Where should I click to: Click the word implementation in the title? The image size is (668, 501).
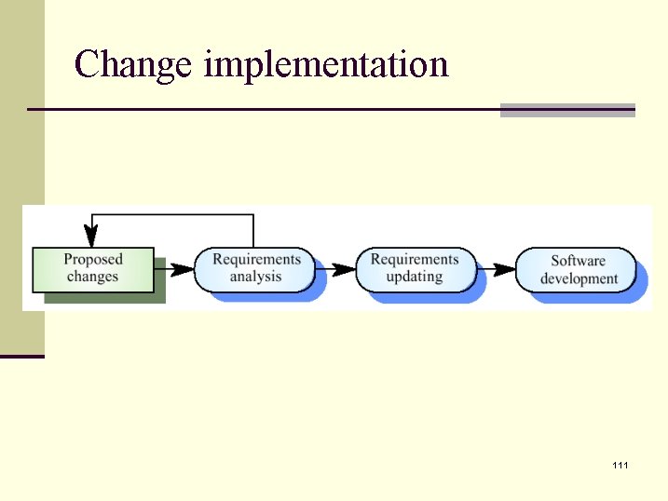pos(325,65)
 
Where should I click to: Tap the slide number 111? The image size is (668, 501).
pos(620,464)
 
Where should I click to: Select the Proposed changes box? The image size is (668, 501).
pos(93,268)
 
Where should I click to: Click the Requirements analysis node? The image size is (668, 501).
pos(255,268)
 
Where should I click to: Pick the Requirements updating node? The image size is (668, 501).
pos(415,268)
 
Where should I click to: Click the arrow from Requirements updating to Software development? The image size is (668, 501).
pos(496,269)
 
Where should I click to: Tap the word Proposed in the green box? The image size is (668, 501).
pos(93,259)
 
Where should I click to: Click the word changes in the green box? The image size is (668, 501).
pos(93,277)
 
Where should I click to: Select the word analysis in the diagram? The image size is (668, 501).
pos(255,277)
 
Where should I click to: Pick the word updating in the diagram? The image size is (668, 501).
pos(415,277)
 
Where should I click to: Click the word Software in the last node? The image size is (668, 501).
pos(578,261)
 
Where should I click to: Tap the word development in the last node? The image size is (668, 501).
pos(579,278)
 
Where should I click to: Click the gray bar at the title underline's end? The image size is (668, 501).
pos(567,110)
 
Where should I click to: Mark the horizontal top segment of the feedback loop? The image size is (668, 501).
pos(172,216)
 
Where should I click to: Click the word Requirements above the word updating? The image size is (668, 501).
pos(415,259)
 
